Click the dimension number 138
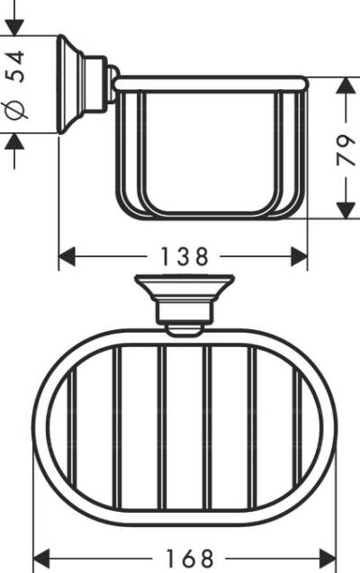(184, 257)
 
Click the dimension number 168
(184, 557)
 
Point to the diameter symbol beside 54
(17, 112)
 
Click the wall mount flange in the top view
(184, 288)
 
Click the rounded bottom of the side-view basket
(211, 215)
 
